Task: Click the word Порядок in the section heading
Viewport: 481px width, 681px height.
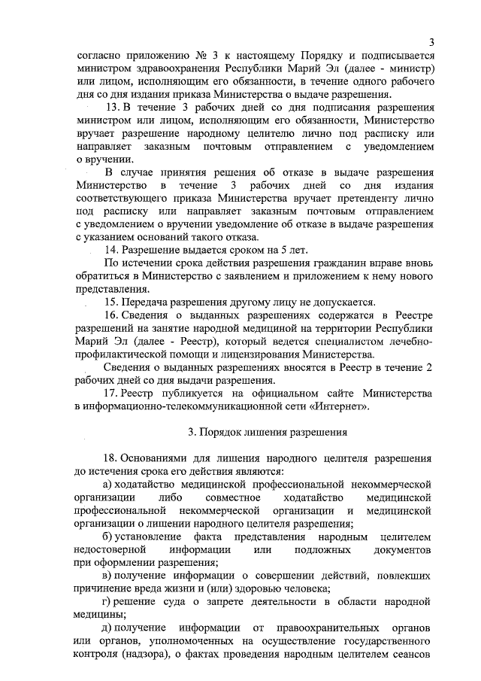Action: (x=224, y=433)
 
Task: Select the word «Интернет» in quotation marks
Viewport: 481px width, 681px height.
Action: (x=343, y=406)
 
